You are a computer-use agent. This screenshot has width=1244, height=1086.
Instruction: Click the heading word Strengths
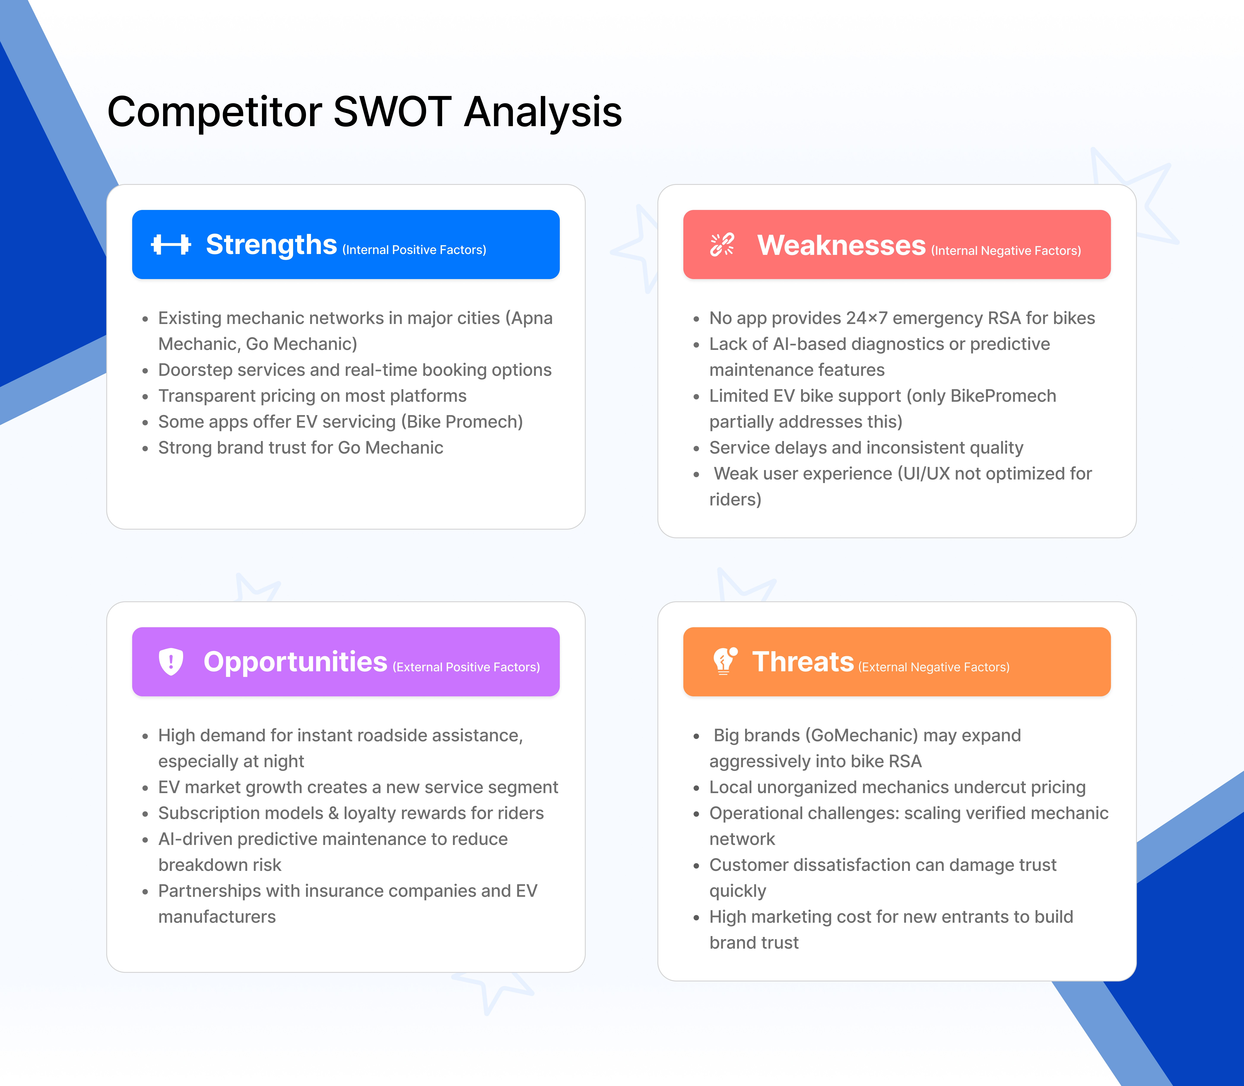pyautogui.click(x=271, y=245)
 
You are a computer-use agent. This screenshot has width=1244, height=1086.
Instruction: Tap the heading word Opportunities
pyautogui.click(x=295, y=662)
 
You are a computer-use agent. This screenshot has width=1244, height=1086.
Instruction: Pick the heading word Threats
pyautogui.click(x=803, y=662)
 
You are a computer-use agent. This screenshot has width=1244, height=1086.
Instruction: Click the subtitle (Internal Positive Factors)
pyautogui.click(x=414, y=250)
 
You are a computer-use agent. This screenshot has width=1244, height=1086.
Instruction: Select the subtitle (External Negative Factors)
pyautogui.click(x=934, y=667)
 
